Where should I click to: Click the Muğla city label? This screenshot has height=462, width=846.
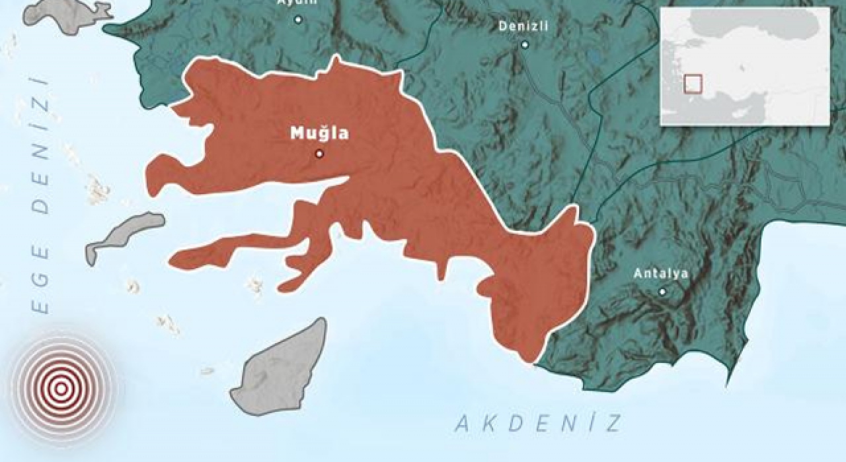click(x=319, y=134)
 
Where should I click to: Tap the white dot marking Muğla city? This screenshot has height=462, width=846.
click(x=320, y=154)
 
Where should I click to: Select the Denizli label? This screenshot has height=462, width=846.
click(x=523, y=26)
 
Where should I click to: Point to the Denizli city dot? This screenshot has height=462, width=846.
click(x=525, y=45)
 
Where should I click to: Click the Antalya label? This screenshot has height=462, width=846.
click(x=661, y=273)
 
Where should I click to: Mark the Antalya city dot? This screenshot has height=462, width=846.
click(x=662, y=291)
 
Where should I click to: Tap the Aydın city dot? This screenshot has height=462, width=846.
click(x=298, y=20)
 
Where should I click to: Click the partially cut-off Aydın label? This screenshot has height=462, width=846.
click(x=297, y=3)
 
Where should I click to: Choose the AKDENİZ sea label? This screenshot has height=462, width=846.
click(x=539, y=423)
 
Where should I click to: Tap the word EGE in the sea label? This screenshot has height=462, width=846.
click(x=41, y=277)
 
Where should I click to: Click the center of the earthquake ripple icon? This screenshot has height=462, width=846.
click(x=61, y=389)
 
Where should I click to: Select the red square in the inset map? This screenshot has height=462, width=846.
click(x=693, y=84)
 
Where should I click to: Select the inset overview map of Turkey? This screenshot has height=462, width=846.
click(x=746, y=66)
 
